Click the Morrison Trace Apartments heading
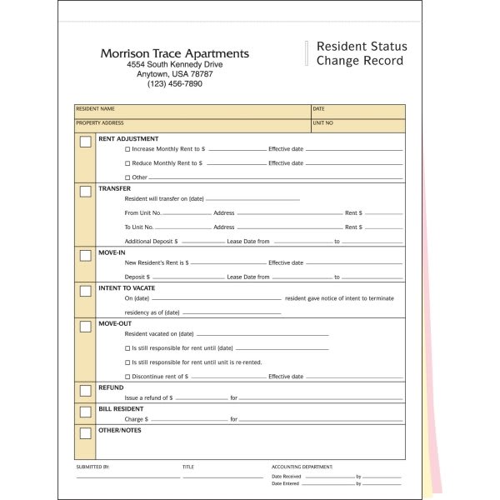point(174,53)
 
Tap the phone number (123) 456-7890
point(174,83)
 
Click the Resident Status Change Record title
point(360,53)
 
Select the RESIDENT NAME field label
point(95,109)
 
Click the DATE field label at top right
point(318,109)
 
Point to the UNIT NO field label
point(323,123)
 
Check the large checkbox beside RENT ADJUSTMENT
point(85,142)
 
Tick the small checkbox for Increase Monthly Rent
point(127,149)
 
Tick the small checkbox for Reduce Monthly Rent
point(127,163)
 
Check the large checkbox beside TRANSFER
point(85,192)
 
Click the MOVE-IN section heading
point(112,252)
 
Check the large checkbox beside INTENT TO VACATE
point(85,291)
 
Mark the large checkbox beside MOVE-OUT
point(85,327)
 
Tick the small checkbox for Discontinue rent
point(127,377)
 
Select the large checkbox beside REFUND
point(85,390)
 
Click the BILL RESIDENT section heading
point(121,409)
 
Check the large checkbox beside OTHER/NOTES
point(85,432)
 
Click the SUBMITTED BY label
point(92,467)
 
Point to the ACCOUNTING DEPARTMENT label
point(302,467)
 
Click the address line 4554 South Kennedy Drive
point(174,64)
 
